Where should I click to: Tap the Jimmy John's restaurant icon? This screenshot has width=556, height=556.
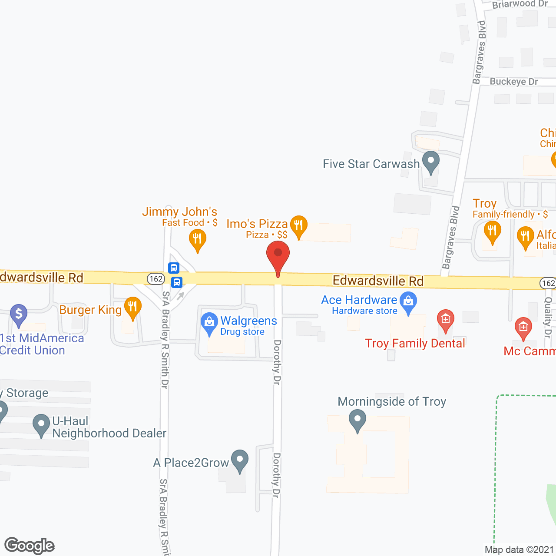(x=197, y=239)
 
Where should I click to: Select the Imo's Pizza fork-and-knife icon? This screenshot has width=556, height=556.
(x=298, y=225)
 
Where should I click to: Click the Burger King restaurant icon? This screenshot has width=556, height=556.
(x=132, y=306)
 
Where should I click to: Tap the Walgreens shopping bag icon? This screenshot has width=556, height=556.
(x=209, y=322)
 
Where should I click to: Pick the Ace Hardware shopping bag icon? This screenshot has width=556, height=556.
(x=408, y=301)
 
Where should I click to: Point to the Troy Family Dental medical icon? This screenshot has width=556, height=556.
(x=445, y=320)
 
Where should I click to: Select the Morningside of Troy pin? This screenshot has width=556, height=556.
(x=357, y=420)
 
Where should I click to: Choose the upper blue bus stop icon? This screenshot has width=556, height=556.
(x=174, y=268)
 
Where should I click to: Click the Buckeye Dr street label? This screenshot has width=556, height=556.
(x=514, y=82)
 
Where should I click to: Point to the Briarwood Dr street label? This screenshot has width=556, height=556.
(x=520, y=4)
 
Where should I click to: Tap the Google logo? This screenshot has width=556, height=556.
(x=30, y=546)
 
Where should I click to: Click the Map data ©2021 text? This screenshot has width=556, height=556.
(x=520, y=550)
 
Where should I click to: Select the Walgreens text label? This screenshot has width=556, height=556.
(x=248, y=321)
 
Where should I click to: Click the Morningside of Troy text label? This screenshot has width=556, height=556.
(x=392, y=401)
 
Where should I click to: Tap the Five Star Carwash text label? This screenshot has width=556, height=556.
(x=371, y=164)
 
